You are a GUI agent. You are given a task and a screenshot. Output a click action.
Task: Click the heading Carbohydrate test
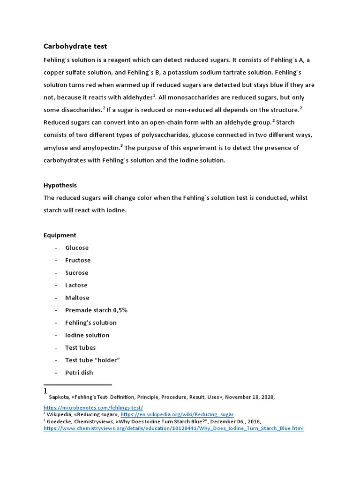tap(75, 46)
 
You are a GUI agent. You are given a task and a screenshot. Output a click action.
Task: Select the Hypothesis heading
tap(60, 185)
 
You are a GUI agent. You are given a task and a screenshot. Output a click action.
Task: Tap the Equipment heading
tap(60, 235)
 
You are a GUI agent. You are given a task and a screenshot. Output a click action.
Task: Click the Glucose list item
tap(77, 248)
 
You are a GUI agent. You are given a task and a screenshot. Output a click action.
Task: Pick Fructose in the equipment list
tap(78, 260)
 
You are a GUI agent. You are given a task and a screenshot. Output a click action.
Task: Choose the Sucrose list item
tap(77, 273)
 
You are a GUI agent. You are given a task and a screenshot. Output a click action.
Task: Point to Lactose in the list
tap(76, 285)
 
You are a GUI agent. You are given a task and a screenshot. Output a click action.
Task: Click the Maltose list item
tap(77, 298)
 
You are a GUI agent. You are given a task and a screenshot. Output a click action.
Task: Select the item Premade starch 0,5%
tap(96, 310)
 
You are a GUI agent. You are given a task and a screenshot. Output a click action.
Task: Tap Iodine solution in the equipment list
tap(87, 335)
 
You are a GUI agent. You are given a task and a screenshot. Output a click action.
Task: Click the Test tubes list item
tap(80, 348)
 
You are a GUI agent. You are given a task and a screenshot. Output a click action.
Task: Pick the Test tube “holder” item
tap(93, 360)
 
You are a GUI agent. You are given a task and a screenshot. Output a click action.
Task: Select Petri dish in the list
tap(79, 373)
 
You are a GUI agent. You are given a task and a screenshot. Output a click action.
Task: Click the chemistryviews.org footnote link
tap(173, 428)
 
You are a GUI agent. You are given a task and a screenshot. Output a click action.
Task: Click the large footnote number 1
tap(45, 391)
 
